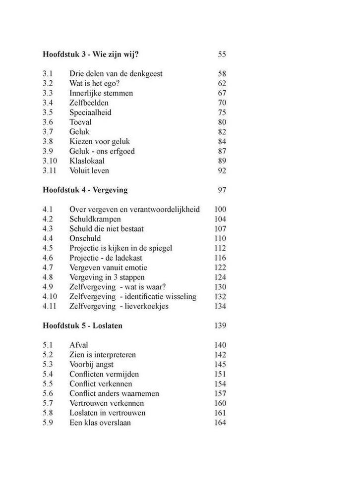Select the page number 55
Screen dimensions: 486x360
(x=222, y=54)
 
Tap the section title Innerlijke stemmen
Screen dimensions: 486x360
(x=101, y=93)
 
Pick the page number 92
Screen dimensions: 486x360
(x=222, y=170)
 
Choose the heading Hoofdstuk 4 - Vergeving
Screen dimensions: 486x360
(x=85, y=190)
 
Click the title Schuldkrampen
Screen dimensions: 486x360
(x=95, y=219)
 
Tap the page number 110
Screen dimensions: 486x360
(x=220, y=238)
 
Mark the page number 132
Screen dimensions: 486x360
(x=220, y=296)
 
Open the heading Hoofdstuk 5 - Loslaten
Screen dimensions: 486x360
(x=83, y=325)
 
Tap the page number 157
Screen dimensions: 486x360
(x=220, y=393)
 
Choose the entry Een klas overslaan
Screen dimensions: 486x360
(x=100, y=423)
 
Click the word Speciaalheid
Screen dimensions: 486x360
(x=90, y=112)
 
